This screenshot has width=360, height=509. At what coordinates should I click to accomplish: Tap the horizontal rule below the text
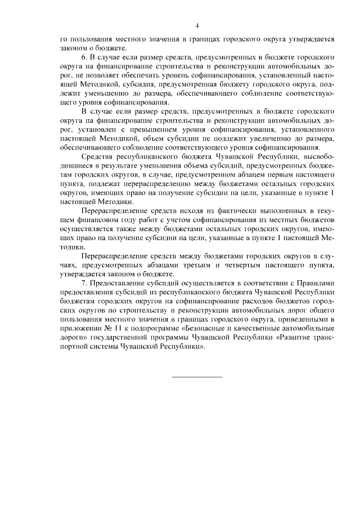click(196, 376)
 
